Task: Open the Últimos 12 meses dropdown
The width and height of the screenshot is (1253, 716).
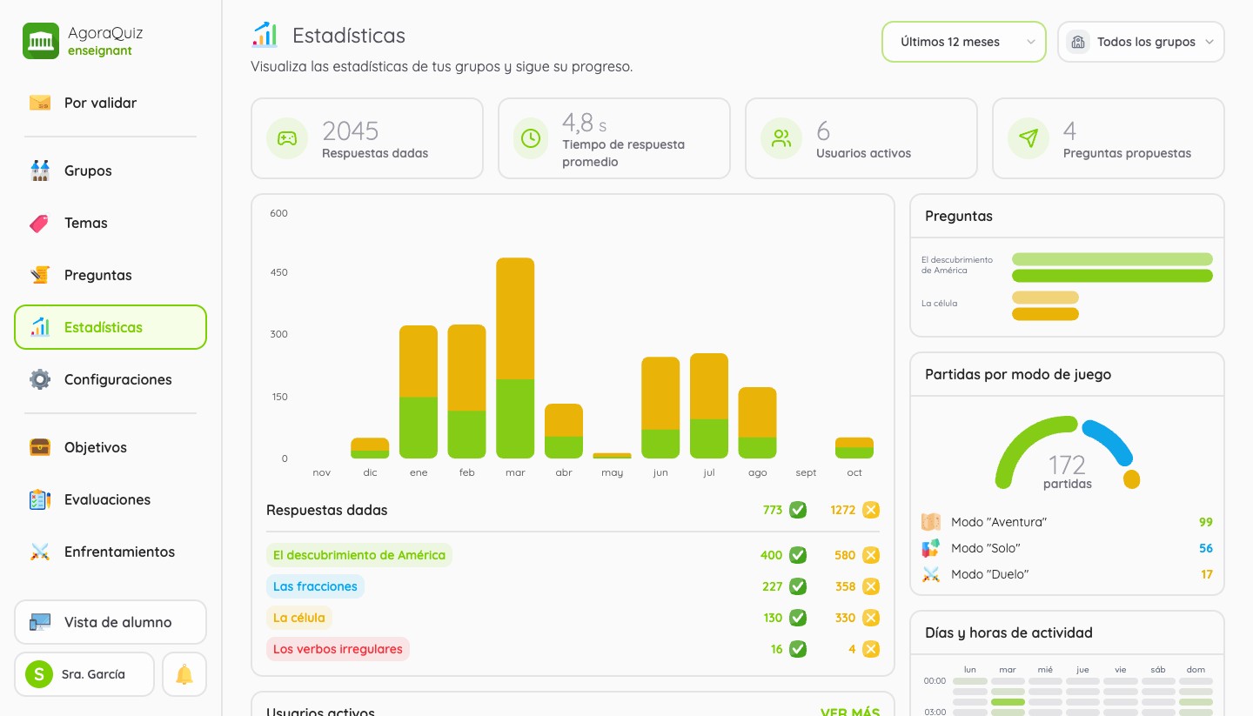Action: click(964, 42)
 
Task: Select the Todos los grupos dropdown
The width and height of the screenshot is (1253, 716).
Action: click(1141, 42)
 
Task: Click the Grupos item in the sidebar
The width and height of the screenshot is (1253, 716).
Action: click(88, 171)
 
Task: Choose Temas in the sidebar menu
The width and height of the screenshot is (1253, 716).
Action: click(85, 223)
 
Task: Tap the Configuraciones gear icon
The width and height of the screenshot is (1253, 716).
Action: click(40, 379)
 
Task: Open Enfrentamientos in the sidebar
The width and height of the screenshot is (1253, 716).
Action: click(119, 552)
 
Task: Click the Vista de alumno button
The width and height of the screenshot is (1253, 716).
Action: click(111, 622)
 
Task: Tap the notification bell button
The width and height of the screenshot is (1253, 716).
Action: click(184, 674)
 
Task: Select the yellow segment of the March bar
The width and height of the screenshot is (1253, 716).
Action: click(515, 318)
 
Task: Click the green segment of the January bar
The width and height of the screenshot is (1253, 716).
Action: click(419, 427)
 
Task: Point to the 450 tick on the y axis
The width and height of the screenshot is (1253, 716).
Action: click(278, 272)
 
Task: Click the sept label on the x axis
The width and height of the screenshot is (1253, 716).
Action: click(806, 472)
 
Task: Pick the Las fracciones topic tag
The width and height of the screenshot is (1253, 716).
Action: click(315, 586)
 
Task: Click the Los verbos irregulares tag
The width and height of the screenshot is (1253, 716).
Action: click(338, 649)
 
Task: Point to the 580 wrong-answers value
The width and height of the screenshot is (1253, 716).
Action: click(845, 555)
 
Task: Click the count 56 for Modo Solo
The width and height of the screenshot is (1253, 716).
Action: click(1205, 548)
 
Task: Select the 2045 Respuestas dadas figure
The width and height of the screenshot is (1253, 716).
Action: click(350, 131)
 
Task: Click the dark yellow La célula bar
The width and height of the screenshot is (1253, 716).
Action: click(1045, 314)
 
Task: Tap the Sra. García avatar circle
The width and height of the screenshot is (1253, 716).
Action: click(39, 674)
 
